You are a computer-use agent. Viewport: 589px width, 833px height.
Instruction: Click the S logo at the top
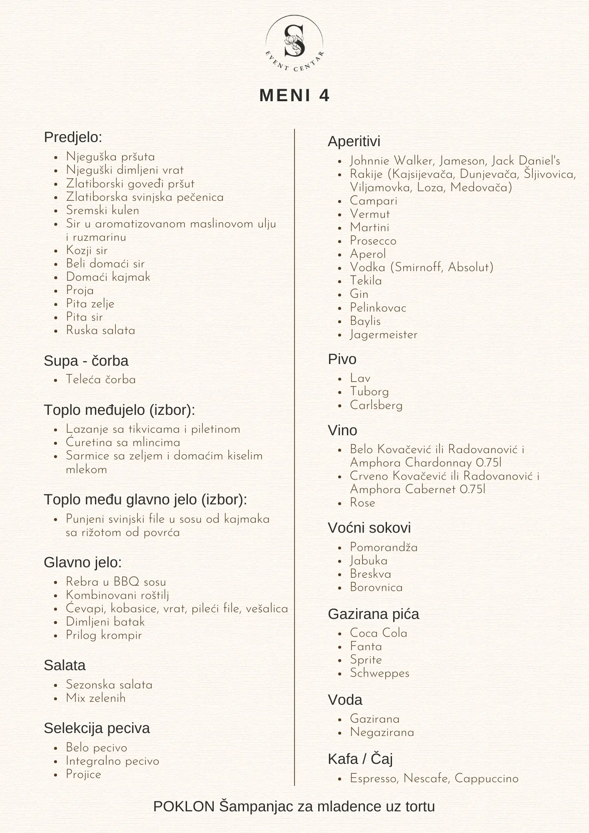pyautogui.click(x=294, y=42)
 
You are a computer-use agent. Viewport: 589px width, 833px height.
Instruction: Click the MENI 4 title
pyautogui.click(x=294, y=95)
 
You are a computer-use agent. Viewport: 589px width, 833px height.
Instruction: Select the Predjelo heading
pyautogui.click(x=73, y=137)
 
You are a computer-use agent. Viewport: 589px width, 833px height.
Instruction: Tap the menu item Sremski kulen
pyautogui.click(x=102, y=210)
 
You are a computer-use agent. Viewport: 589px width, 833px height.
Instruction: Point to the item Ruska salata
pyautogui.click(x=100, y=330)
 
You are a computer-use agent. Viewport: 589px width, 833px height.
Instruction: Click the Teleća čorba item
pyautogui.click(x=100, y=379)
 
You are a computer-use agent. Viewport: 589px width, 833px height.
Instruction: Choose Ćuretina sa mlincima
pyautogui.click(x=123, y=442)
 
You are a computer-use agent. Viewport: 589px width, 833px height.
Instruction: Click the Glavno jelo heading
pyautogui.click(x=82, y=562)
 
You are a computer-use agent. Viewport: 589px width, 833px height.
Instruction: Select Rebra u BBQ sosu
pyautogui.click(x=116, y=582)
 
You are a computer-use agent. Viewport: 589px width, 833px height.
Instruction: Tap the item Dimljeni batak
pyautogui.click(x=105, y=622)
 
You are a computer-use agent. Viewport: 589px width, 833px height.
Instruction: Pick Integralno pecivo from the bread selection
pyautogui.click(x=112, y=761)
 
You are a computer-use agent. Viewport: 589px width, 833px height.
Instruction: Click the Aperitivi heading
pyautogui.click(x=354, y=141)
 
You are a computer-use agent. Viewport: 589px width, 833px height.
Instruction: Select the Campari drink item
pyautogui.click(x=373, y=201)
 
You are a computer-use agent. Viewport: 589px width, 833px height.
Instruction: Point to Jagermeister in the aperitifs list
pyautogui.click(x=383, y=334)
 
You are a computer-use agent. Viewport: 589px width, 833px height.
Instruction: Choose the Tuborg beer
pyautogui.click(x=369, y=392)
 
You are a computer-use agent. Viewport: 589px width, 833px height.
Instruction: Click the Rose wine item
pyautogui.click(x=362, y=503)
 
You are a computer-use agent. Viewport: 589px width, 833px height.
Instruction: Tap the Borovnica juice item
pyautogui.click(x=376, y=587)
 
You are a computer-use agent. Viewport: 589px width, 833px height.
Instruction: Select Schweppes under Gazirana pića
pyautogui.click(x=379, y=673)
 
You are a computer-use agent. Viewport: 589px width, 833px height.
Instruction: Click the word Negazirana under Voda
pyautogui.click(x=382, y=732)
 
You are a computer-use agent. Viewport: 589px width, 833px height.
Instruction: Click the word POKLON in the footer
pyautogui.click(x=184, y=806)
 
